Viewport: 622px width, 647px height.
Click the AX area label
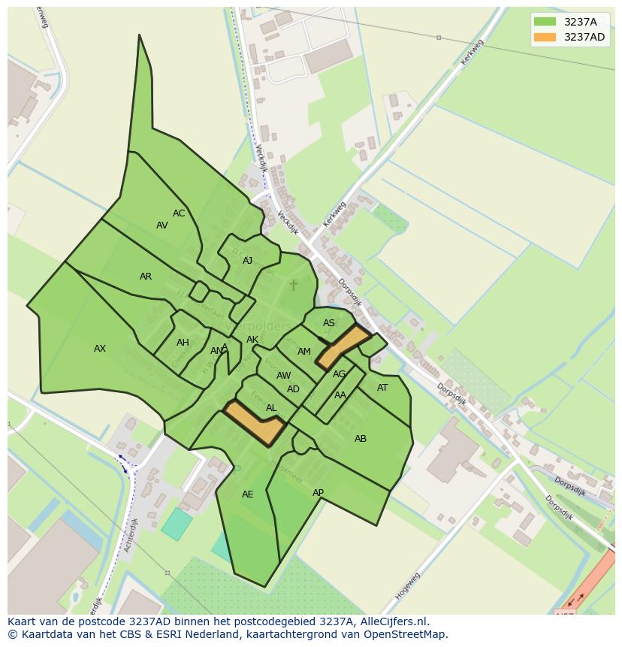click(x=100, y=349)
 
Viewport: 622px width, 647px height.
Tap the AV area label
click(x=162, y=225)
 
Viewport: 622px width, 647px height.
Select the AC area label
click(x=179, y=213)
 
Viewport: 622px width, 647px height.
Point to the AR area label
click(x=146, y=277)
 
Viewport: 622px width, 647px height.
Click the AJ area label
click(x=248, y=261)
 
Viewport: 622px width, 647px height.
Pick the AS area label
click(x=329, y=323)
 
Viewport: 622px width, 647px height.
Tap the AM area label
click(x=304, y=352)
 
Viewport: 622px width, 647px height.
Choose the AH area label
click(x=183, y=343)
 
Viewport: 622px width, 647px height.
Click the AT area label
click(x=382, y=388)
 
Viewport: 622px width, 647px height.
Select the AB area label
click(x=361, y=439)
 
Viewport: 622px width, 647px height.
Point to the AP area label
click(x=318, y=493)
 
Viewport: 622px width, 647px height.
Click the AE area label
click(x=248, y=494)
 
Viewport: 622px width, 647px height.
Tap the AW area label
click(x=283, y=376)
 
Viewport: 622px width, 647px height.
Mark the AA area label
click(x=340, y=395)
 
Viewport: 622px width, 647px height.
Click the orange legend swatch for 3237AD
click(x=545, y=37)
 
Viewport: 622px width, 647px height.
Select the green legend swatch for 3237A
click(x=545, y=22)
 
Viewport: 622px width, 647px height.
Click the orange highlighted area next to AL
click(x=255, y=423)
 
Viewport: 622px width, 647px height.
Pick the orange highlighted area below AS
click(x=343, y=346)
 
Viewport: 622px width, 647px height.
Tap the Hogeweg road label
click(x=407, y=585)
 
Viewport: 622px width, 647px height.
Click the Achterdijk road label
click(x=128, y=535)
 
